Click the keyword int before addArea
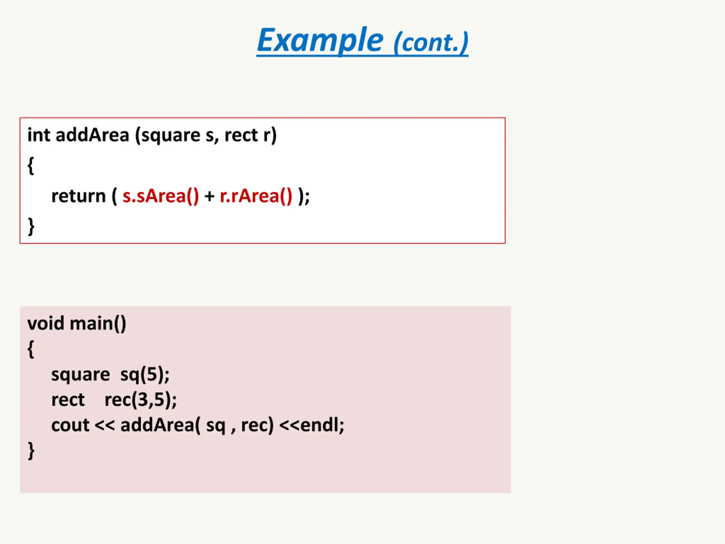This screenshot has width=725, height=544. pos(38,135)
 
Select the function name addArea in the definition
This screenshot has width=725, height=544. pos(92,135)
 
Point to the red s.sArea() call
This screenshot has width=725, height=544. pos(161,196)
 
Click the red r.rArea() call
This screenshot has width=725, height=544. pos(256,196)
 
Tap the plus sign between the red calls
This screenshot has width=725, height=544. pos(209,197)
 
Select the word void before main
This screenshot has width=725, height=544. pos(46,323)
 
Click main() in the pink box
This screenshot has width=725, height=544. pos(98,324)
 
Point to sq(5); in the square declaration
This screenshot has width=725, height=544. pos(144,375)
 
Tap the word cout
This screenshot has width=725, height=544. pos(70,425)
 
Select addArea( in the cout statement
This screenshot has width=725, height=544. pos(160,425)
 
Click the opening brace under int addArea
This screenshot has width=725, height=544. pos(31,165)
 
